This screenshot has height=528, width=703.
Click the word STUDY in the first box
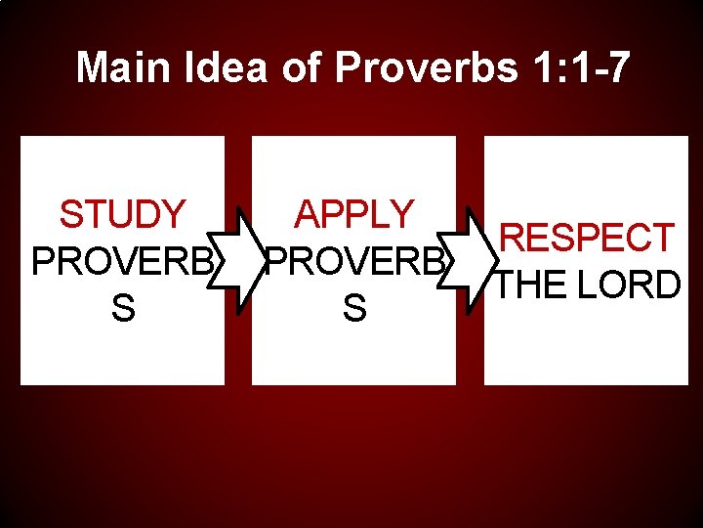122,214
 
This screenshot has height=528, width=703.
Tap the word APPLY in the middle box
354,214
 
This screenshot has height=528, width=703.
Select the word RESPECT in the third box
586,238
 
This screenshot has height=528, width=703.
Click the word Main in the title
121,68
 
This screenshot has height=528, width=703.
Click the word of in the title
301,68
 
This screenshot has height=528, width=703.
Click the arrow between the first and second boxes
238,260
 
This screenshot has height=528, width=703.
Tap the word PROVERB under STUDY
122,261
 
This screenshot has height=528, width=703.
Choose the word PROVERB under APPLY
355,261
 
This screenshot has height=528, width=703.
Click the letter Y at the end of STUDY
173,214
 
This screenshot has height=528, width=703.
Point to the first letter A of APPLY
307,214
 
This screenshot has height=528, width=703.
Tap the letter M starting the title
94,68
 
